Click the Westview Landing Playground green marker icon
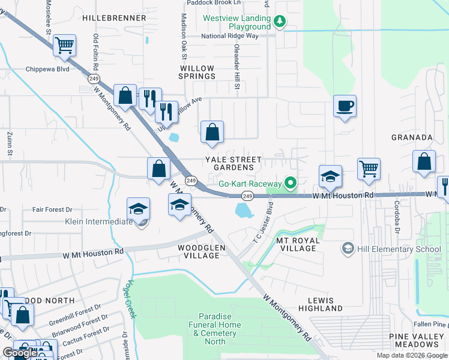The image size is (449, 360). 279,22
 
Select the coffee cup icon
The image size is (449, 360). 345,106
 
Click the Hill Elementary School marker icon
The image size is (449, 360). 347,248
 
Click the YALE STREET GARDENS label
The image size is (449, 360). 234,163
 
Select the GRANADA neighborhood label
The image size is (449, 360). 412,137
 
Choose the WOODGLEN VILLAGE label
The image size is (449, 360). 198,251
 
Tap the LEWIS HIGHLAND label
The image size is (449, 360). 325,304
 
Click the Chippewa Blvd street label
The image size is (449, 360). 47,69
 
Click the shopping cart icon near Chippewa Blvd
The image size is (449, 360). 65,45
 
